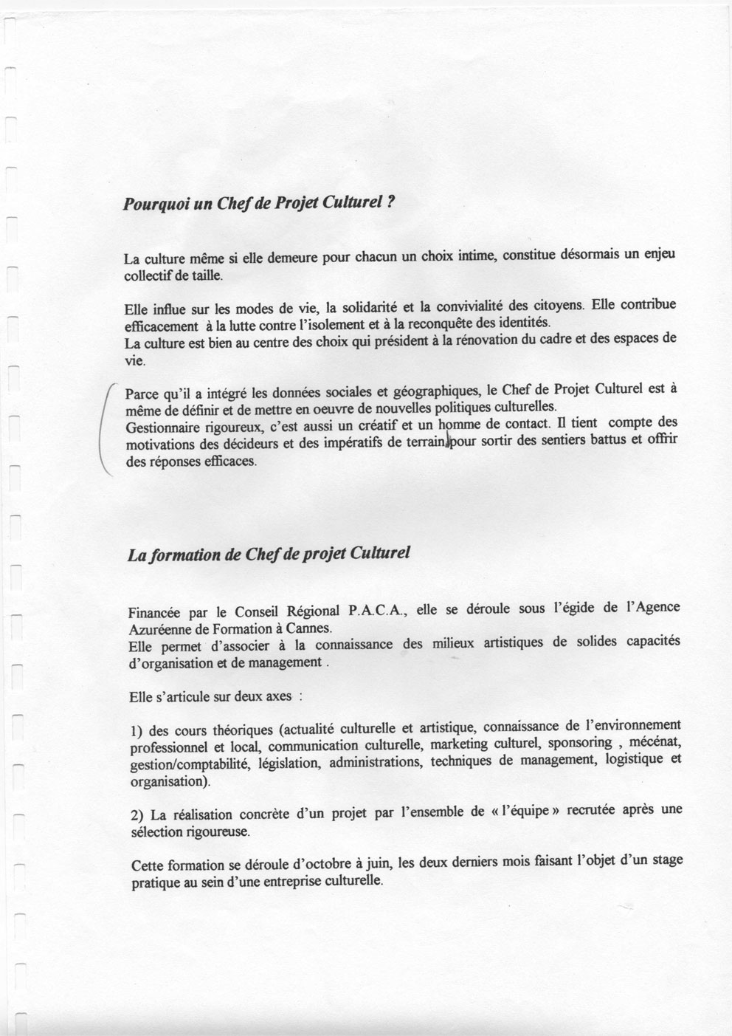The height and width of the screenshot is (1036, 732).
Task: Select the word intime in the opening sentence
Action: pos(477,256)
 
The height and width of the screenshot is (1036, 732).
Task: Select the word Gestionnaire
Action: pos(159,428)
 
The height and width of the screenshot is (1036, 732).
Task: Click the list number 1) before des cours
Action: pos(135,731)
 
